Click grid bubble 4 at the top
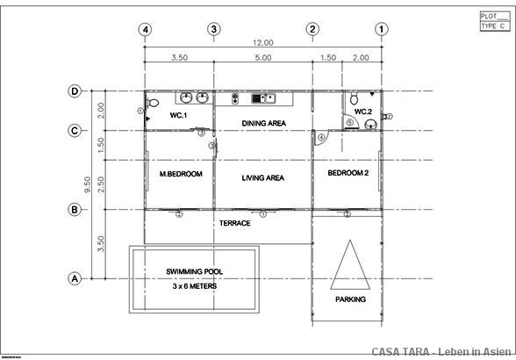click(145, 29)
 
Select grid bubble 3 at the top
click(213, 29)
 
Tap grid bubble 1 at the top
click(381, 29)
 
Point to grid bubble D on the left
click(75, 91)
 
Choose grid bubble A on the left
click(75, 278)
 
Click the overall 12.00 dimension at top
click(263, 42)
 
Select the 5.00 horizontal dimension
click(263, 57)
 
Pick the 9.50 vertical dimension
click(89, 184)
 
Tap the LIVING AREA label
click(263, 177)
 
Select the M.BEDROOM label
click(181, 174)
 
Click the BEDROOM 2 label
click(348, 173)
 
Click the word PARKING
click(350, 299)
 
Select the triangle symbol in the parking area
click(349, 264)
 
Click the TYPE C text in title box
click(491, 26)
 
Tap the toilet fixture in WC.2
click(354, 100)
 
